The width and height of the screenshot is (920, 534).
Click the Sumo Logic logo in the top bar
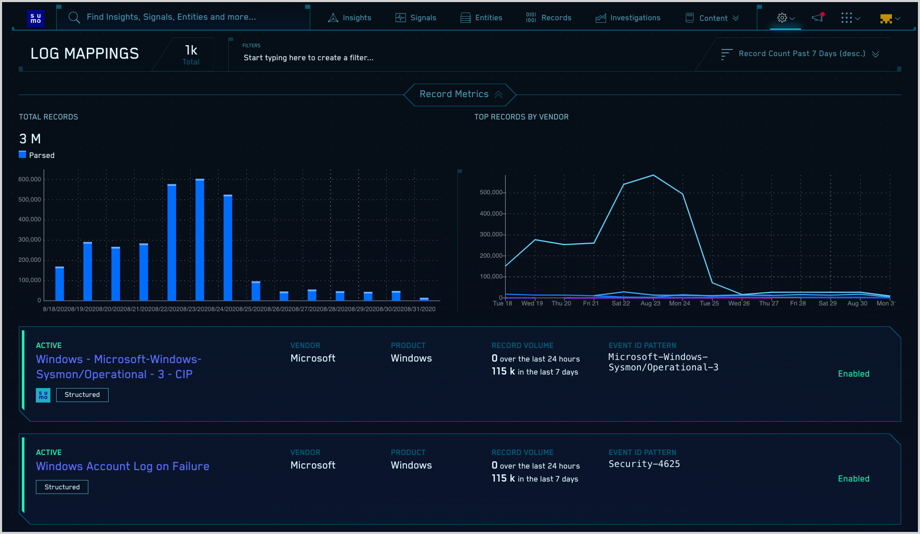coord(35,18)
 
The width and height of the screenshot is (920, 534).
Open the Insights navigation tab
coord(350,18)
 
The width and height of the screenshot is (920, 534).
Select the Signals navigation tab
coord(416,18)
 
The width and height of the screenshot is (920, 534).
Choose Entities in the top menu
coord(481,18)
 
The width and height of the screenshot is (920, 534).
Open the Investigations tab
coord(628,18)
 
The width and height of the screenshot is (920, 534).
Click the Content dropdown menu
coord(713,18)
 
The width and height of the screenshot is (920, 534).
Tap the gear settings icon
coord(782,18)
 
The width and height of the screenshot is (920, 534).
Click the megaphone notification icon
coord(818,18)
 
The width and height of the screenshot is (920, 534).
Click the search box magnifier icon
coord(74,18)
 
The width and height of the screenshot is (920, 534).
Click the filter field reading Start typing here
coord(308,58)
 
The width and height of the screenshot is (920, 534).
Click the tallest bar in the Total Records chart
coord(200,239)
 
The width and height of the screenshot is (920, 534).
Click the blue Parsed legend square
coord(22,154)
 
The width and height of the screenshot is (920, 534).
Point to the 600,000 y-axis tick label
coord(30,179)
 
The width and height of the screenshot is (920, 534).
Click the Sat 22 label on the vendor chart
coord(621,303)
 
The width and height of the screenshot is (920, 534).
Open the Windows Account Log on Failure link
coord(123,466)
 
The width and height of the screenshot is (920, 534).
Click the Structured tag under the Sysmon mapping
coord(82,395)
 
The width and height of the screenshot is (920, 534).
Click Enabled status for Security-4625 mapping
coord(853,478)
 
